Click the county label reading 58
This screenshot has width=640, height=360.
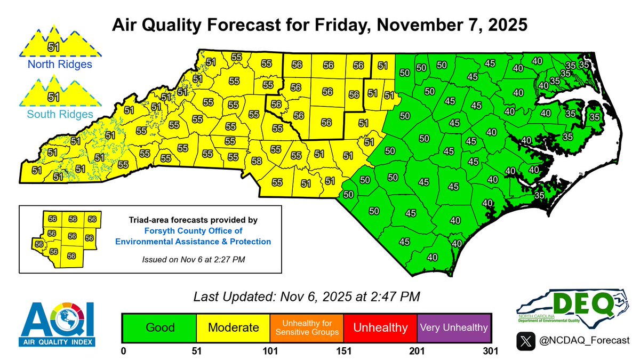256,161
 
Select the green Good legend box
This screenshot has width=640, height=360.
159,327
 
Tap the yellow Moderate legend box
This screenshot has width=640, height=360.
233,327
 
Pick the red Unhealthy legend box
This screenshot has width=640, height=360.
380,327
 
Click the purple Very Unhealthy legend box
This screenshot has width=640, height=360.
454,327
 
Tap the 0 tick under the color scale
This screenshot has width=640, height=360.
123,351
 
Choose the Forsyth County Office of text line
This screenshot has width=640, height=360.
193,230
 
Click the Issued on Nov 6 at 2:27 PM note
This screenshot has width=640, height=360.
193,259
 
